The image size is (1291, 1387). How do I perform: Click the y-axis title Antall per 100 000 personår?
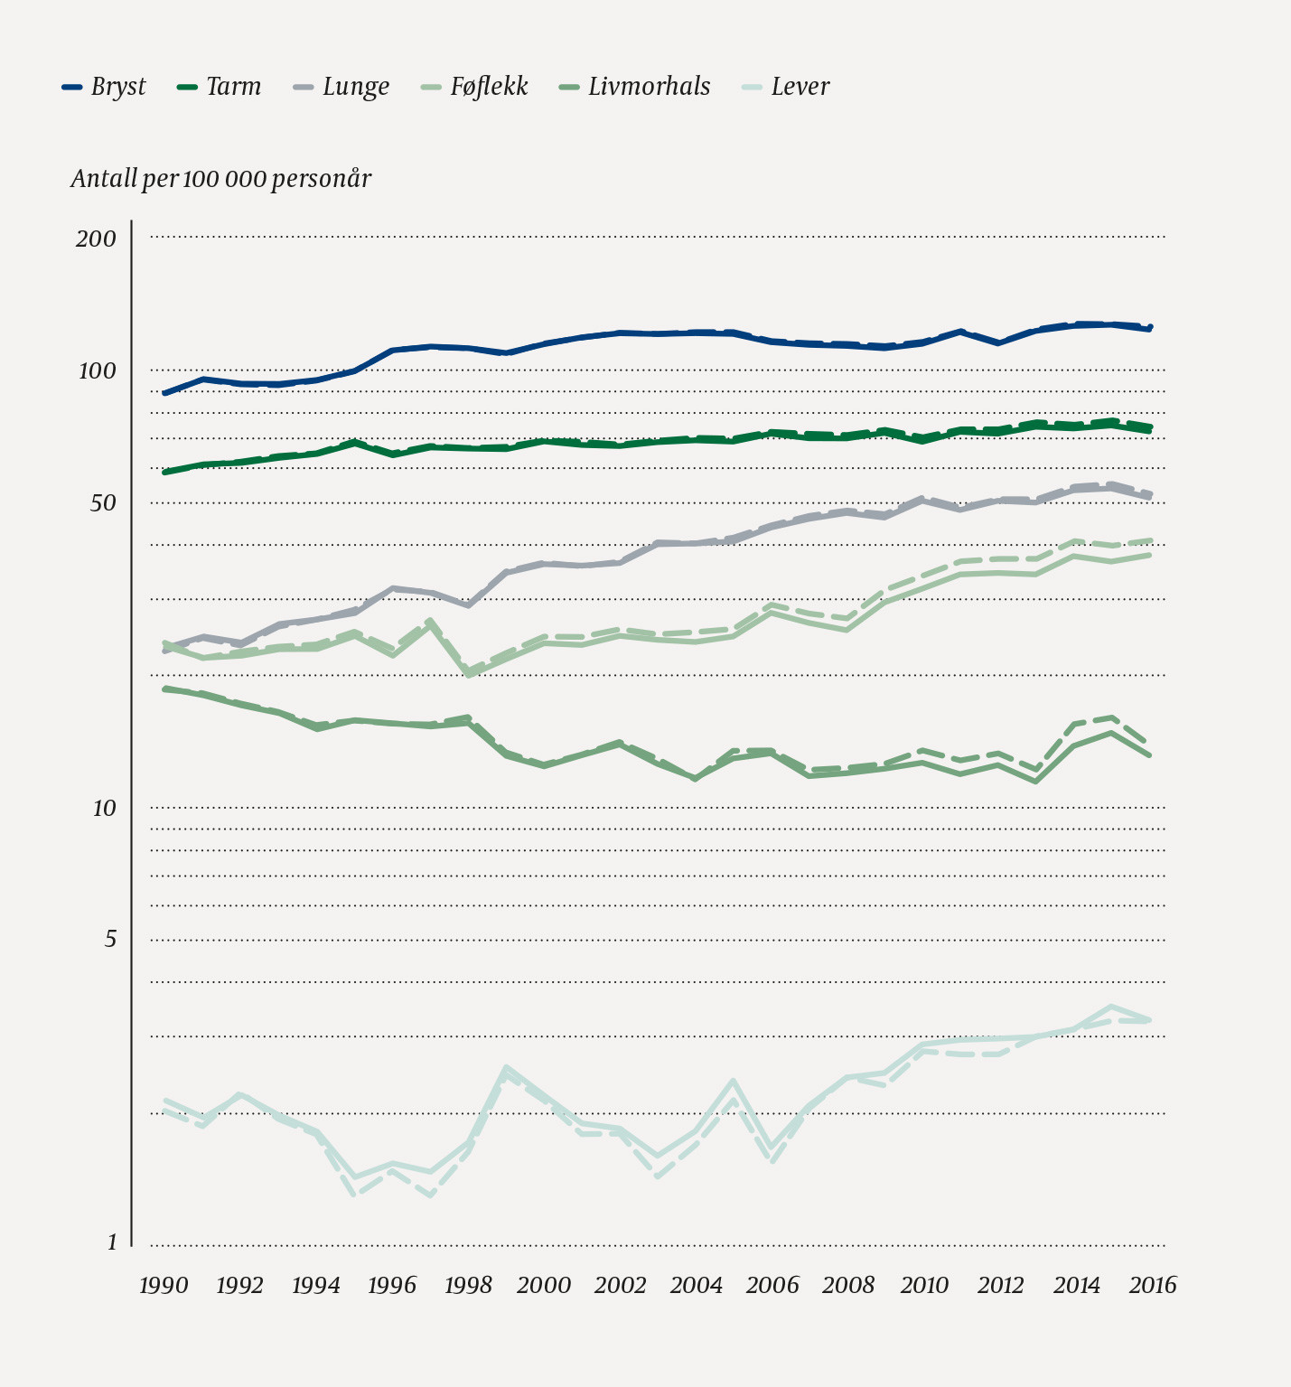[221, 179]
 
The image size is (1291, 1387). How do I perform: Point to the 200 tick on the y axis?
[97, 239]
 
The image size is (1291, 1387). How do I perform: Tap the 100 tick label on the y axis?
[97, 370]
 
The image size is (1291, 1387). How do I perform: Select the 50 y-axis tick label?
[103, 503]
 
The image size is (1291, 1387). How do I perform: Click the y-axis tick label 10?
[104, 808]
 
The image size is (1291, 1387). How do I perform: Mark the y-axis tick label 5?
[110, 940]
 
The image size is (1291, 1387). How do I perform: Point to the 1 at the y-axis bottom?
[112, 1243]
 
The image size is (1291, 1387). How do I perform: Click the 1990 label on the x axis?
[164, 1285]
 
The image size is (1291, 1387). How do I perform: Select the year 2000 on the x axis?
[544, 1285]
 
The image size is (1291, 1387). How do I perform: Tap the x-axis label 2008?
[848, 1285]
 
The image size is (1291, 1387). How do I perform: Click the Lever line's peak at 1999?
[506, 1068]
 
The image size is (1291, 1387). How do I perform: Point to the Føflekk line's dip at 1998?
[468, 674]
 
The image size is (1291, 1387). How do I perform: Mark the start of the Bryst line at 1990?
[164, 393]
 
